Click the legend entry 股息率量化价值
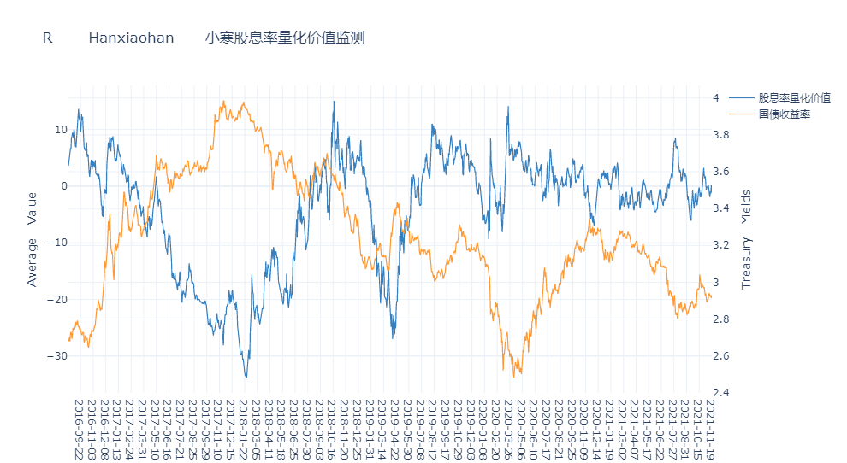[x=795, y=97]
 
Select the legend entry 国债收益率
[x=784, y=114]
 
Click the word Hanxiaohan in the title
[x=131, y=38]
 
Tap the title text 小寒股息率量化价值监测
[x=285, y=38]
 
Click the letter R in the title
[x=48, y=38]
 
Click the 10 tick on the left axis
[x=61, y=130]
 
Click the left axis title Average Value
[x=33, y=239]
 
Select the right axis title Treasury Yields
[x=746, y=239]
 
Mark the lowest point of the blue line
[x=246, y=377]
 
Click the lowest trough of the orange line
[x=514, y=377]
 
